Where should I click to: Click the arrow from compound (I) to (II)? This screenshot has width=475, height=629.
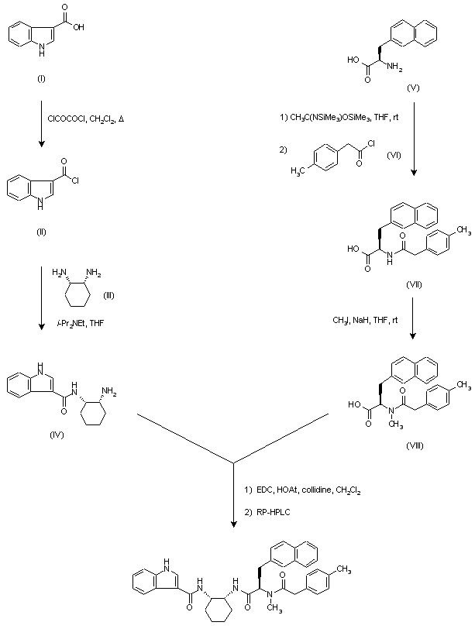pos(40,124)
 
